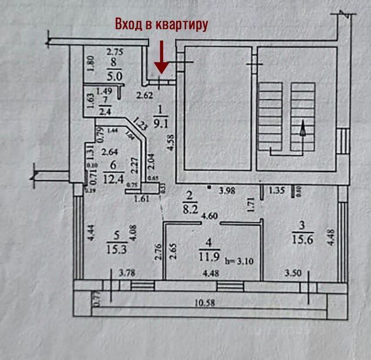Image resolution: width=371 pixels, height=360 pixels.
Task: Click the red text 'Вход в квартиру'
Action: coord(161,25)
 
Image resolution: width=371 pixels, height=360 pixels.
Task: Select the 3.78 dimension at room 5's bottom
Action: coord(127,272)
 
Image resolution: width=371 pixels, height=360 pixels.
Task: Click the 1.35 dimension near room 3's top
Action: coord(278,190)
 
